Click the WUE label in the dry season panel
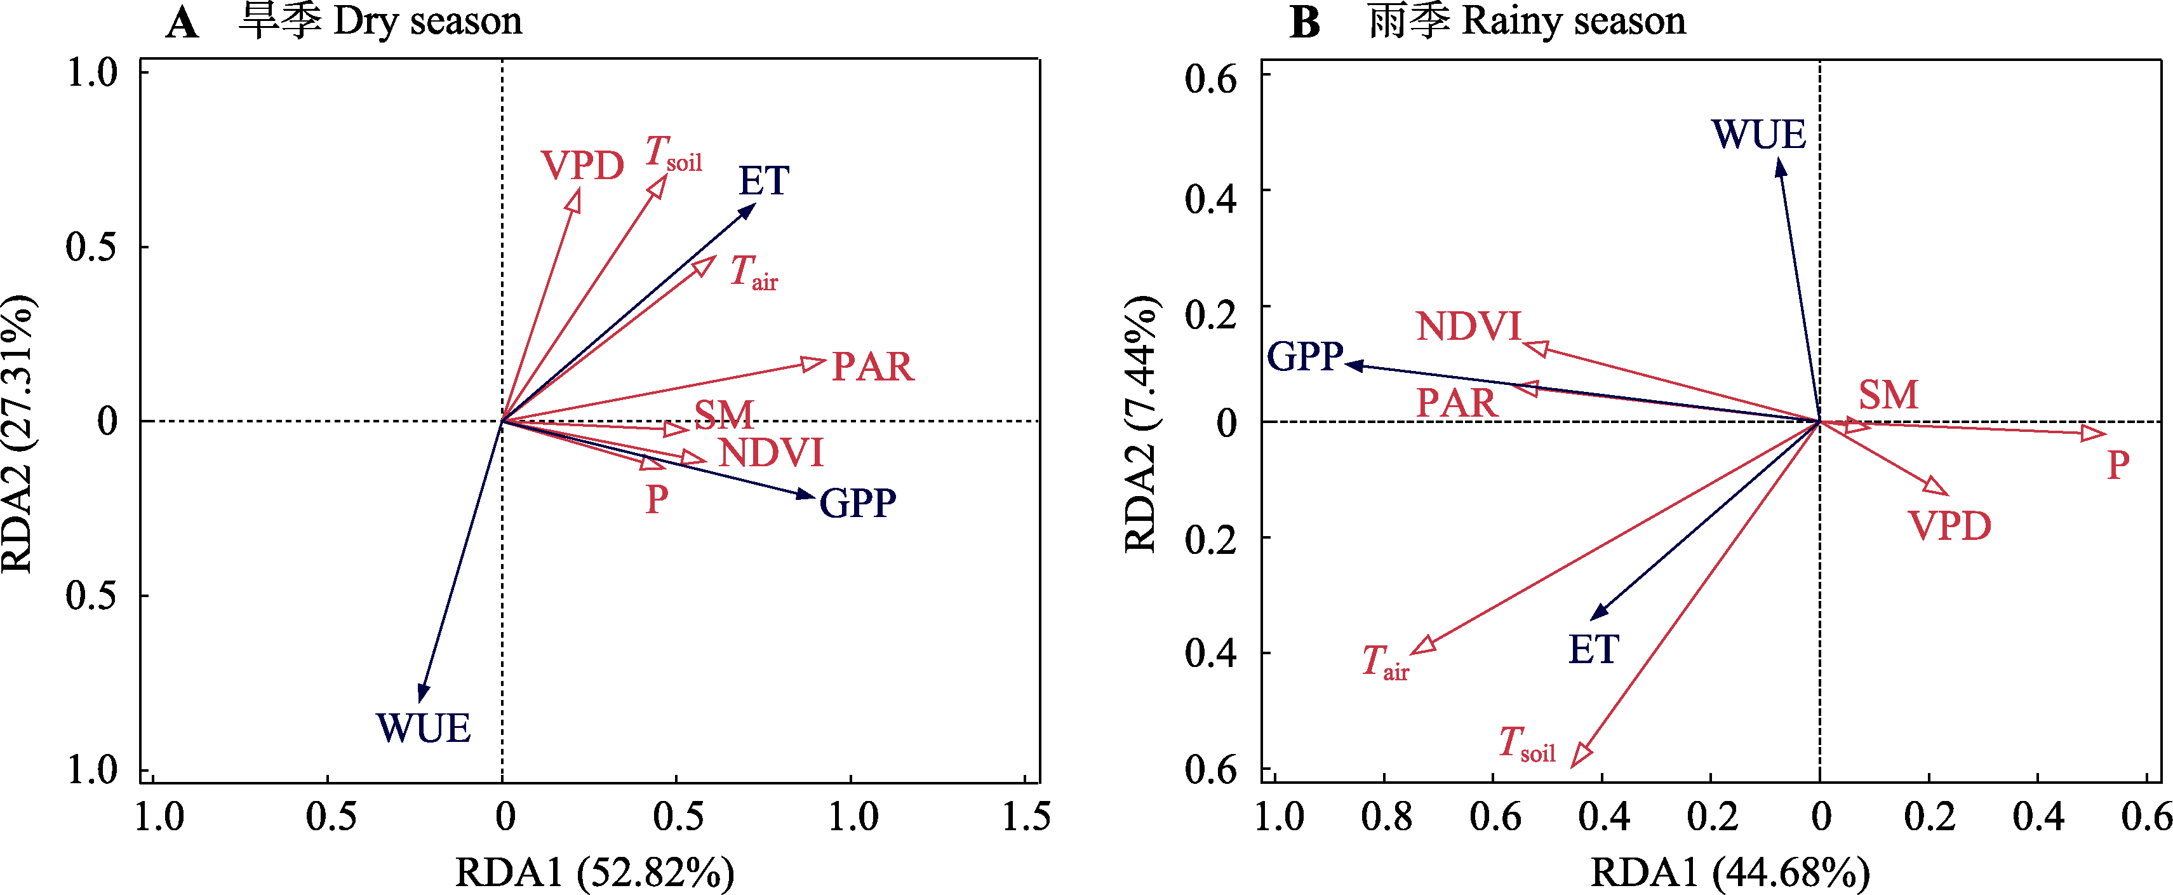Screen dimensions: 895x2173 (424, 728)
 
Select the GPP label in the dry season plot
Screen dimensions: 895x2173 (858, 504)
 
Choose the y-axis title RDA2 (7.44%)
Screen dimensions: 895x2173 (1140, 424)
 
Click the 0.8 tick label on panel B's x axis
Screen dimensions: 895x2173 (1387, 816)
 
